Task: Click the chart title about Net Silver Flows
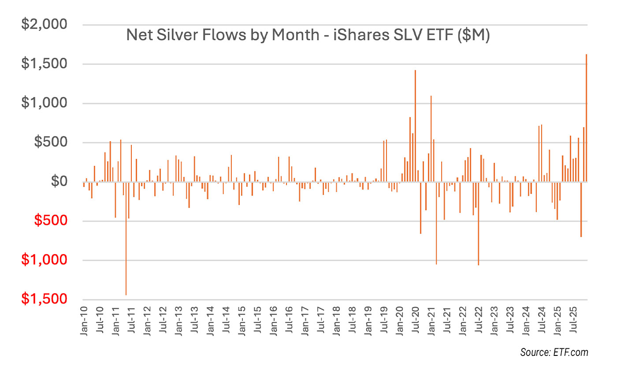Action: pyautogui.click(x=308, y=35)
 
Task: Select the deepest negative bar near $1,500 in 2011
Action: pyautogui.click(x=126, y=238)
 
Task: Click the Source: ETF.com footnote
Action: pyautogui.click(x=554, y=352)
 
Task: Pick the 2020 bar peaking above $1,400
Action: pyautogui.click(x=415, y=126)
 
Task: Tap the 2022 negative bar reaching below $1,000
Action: pyautogui.click(x=478, y=223)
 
